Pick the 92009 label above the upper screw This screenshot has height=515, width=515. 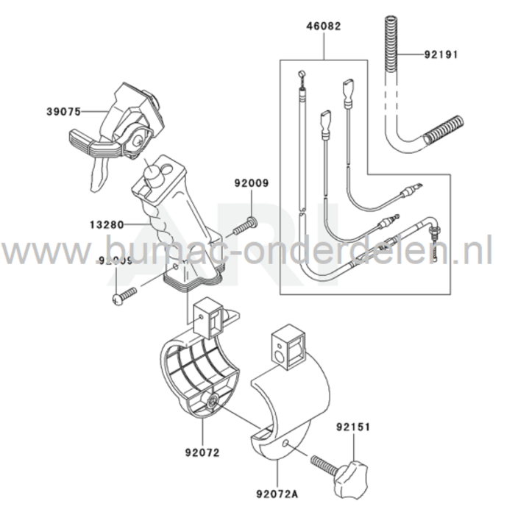[x=252, y=184]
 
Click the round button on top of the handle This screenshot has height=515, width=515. [x=153, y=174]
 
